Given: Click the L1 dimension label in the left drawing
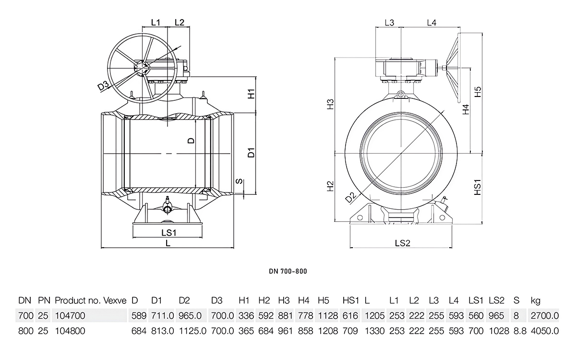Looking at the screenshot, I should tap(156, 22).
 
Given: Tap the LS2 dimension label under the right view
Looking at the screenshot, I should tap(402, 243).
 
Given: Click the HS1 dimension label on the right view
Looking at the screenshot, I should tap(478, 187).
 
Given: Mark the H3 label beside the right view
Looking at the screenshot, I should tap(330, 105).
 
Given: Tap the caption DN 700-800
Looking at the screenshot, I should tap(288, 271).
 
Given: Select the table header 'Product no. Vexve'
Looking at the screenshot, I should tap(91, 301).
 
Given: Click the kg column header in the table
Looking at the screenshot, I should tap(536, 301).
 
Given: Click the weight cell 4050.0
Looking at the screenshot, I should tap(545, 331).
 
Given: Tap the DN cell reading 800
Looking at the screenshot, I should tap(25, 331).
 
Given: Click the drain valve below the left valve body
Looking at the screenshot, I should tap(167, 208).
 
